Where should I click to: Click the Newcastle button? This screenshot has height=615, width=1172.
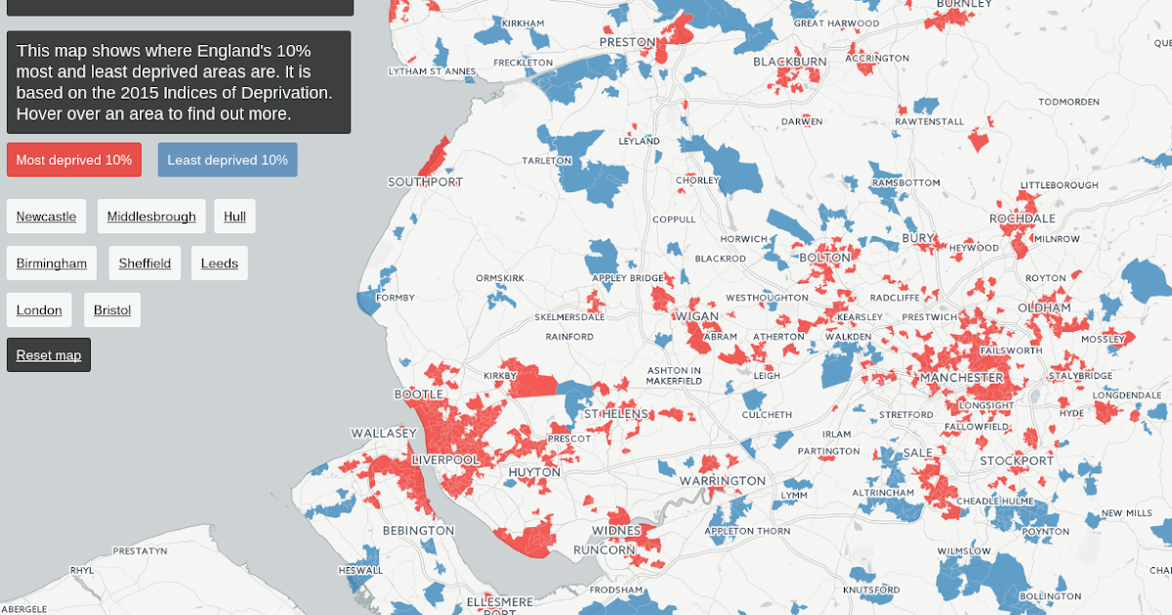(46, 217)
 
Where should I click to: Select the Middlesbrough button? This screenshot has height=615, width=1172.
(151, 217)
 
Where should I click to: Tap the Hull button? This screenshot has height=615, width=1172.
(234, 217)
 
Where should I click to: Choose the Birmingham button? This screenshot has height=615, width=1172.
(52, 264)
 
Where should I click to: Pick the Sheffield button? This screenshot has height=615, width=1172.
(145, 264)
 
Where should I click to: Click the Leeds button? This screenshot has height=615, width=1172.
(220, 264)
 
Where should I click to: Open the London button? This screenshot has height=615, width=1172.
(39, 310)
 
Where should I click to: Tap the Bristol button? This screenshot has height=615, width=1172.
(112, 310)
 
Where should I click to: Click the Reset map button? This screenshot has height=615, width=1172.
(49, 355)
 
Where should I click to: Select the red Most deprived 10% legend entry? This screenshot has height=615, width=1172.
(74, 160)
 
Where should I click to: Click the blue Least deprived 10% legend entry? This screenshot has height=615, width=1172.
(228, 160)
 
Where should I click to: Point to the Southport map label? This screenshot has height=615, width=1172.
(426, 182)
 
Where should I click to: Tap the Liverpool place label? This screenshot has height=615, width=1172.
(445, 459)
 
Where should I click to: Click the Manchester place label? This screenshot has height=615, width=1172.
(962, 377)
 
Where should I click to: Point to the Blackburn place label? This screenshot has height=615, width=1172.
(790, 61)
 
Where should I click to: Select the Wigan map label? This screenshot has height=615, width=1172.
(697, 316)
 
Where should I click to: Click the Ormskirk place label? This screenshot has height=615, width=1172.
(500, 278)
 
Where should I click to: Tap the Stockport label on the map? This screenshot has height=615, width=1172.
(1017, 461)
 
